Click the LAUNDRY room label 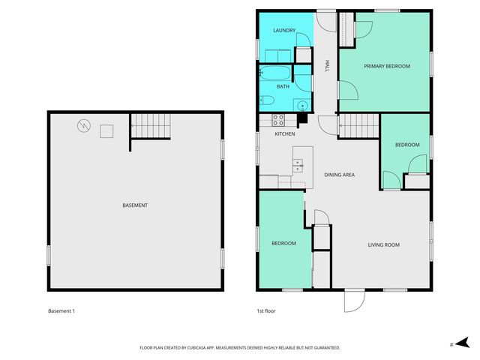(x=284, y=31)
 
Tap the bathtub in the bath (x=275, y=74)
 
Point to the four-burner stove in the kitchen (x=277, y=118)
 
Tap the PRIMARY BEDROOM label (x=387, y=67)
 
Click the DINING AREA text (x=339, y=175)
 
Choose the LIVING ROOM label (x=382, y=244)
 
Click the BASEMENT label (x=135, y=205)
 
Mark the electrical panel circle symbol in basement (x=84, y=126)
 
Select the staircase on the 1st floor (x=357, y=125)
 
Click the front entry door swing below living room (x=354, y=300)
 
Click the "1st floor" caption (x=267, y=310)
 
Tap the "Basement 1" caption (x=61, y=310)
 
